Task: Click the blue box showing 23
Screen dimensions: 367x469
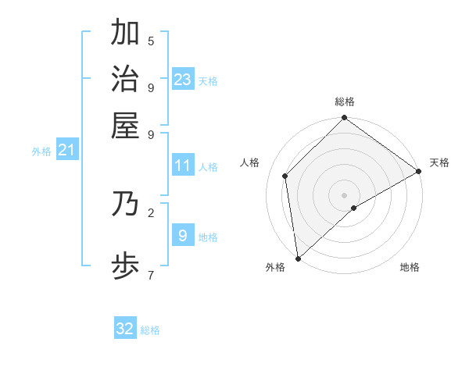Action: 183,79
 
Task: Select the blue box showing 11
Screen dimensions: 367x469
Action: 183,166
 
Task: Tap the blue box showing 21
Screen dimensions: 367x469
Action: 66,150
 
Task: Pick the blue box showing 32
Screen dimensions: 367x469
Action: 125,329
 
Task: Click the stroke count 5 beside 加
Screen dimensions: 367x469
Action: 151,41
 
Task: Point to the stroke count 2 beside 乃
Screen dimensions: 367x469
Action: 151,212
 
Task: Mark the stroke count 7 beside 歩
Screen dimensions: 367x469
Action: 151,274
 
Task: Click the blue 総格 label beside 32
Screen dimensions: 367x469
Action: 150,330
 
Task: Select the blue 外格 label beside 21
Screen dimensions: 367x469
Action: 41,151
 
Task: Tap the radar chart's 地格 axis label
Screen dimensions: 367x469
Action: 410,267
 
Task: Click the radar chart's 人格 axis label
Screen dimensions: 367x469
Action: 250,162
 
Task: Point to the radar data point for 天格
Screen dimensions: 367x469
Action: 418,172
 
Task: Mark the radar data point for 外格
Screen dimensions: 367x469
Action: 298,258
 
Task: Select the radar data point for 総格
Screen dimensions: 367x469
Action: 344,119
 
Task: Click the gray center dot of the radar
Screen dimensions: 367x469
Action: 344,195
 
